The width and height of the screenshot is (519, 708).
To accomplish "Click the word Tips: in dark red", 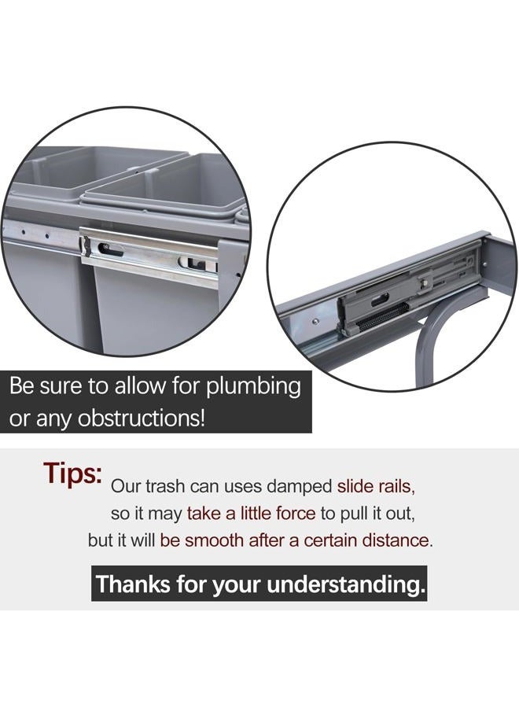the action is pyautogui.click(x=72, y=474).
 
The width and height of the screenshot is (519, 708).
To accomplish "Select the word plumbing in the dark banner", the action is pyautogui.click(x=254, y=388).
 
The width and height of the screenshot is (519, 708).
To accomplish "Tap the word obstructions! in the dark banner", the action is pyautogui.click(x=142, y=419).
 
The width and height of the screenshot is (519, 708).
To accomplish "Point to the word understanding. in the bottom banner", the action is pyautogui.click(x=347, y=584).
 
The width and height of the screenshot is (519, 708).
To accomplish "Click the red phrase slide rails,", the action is pyautogui.click(x=376, y=486).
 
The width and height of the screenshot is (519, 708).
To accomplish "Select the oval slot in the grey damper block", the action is pyautogui.click(x=380, y=299).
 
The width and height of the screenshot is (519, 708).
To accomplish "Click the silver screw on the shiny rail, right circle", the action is pyautogui.click(x=315, y=322).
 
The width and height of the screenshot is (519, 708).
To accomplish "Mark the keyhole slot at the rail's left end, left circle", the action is pyautogui.click(x=109, y=249).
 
